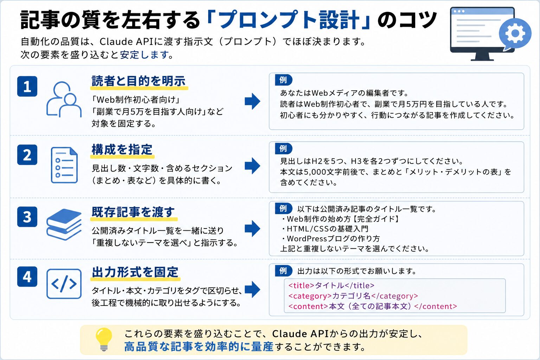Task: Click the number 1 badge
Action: (x=27, y=86)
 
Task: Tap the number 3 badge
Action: (x=27, y=217)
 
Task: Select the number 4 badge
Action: (x=27, y=277)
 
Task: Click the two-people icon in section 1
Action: (x=64, y=99)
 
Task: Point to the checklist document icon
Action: (x=64, y=165)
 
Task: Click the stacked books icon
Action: (x=64, y=225)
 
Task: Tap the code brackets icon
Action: (x=64, y=284)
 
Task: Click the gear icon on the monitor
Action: (x=515, y=33)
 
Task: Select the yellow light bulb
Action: (x=104, y=339)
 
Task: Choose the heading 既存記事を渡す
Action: (x=133, y=212)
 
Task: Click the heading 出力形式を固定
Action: (x=135, y=272)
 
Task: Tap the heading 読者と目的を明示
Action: (x=139, y=81)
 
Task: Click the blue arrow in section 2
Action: (x=252, y=166)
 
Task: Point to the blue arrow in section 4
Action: (x=252, y=289)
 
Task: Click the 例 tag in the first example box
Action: (x=283, y=80)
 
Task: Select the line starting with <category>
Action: (x=353, y=296)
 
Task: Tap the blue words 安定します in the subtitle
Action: (x=144, y=55)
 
